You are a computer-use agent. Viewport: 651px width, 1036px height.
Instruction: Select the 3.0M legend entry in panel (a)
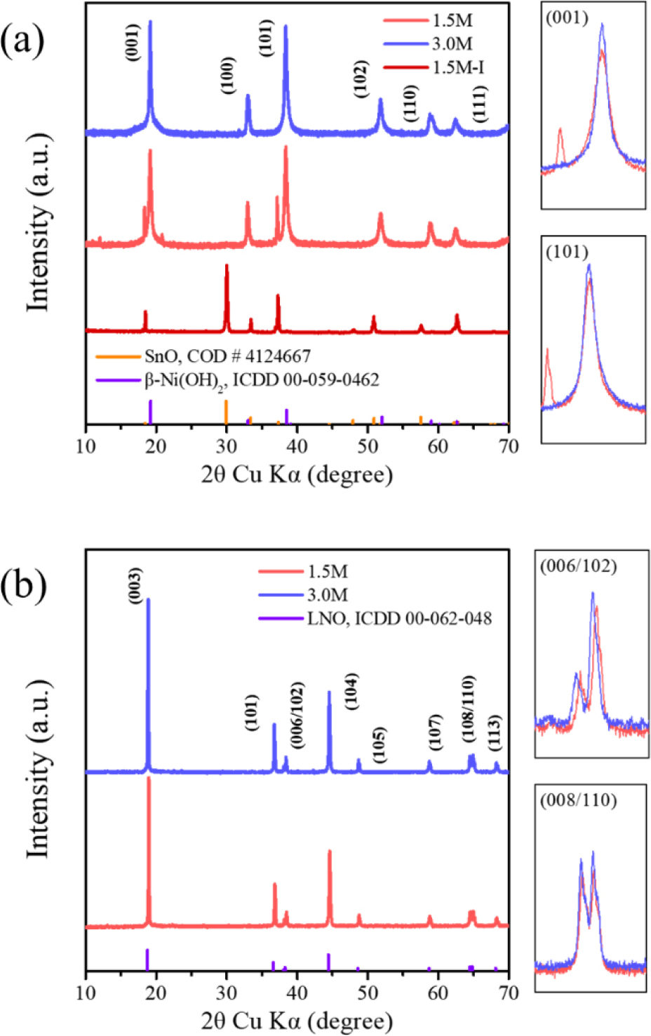coord(452,44)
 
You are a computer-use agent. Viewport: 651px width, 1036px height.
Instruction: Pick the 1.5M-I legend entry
coord(458,67)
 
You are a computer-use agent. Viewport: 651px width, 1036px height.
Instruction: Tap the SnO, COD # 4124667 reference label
coord(227,357)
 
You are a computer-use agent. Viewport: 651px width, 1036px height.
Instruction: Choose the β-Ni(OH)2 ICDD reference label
coord(262,381)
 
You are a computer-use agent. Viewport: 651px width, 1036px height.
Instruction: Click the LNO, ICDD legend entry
coord(399,619)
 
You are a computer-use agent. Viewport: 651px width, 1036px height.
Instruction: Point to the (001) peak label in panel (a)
coord(133,42)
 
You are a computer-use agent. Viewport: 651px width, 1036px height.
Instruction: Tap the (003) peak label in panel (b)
coord(135,584)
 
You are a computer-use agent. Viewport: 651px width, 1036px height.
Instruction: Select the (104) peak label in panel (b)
coord(351,691)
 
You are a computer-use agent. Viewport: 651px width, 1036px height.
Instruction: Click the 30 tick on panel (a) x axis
coord(227,446)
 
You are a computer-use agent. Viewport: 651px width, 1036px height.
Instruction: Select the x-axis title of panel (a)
coord(297,475)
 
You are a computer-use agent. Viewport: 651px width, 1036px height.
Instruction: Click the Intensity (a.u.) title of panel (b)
coord(39,769)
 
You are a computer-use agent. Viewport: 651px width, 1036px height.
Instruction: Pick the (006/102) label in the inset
coord(578,567)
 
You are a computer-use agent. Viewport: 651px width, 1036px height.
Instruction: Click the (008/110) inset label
coord(578,800)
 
